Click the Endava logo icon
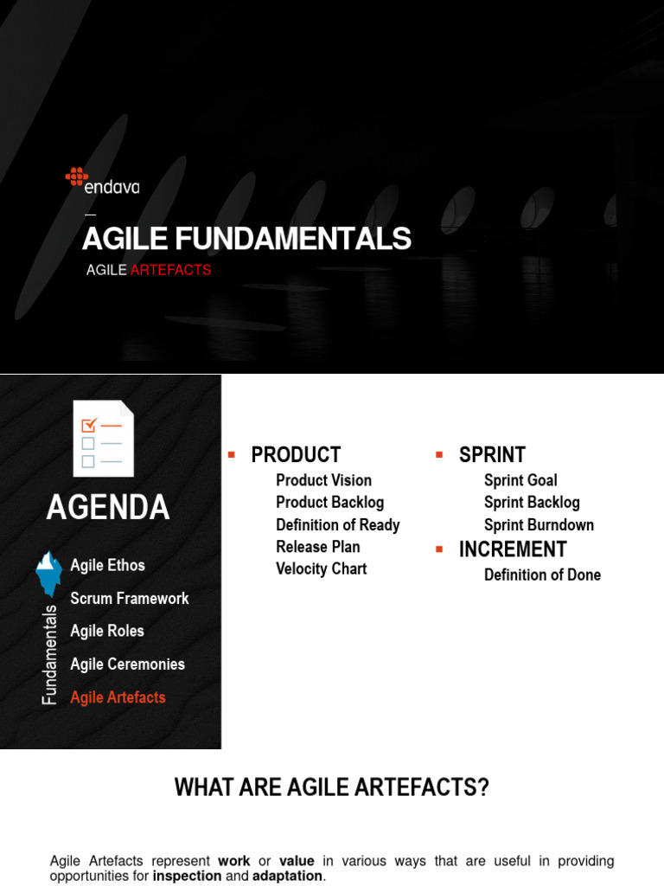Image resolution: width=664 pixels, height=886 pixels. tap(77, 177)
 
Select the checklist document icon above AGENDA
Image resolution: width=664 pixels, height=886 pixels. tap(103, 439)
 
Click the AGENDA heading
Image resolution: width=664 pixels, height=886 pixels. tap(108, 508)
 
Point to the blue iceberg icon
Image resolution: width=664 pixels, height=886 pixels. tap(48, 573)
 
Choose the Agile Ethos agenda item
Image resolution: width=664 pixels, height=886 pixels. tap(107, 566)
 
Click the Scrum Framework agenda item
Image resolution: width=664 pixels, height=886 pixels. tap(129, 599)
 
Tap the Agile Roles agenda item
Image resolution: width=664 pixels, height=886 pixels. tap(107, 632)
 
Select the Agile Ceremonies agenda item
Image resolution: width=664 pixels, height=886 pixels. tap(127, 664)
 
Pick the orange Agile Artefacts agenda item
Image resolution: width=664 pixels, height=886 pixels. tap(118, 697)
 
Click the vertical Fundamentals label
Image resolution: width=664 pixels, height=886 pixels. tap(50, 654)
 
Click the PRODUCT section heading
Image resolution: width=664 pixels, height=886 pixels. tap(296, 455)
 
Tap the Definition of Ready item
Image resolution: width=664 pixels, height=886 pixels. tap(337, 525)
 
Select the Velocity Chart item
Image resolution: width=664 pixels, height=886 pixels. tap(321, 569)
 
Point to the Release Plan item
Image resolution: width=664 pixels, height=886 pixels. tap(317, 547)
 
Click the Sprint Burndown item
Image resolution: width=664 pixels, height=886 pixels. tap(539, 525)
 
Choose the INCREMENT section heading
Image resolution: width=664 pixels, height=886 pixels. tap(513, 549)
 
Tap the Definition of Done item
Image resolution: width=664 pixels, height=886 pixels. tap(542, 575)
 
